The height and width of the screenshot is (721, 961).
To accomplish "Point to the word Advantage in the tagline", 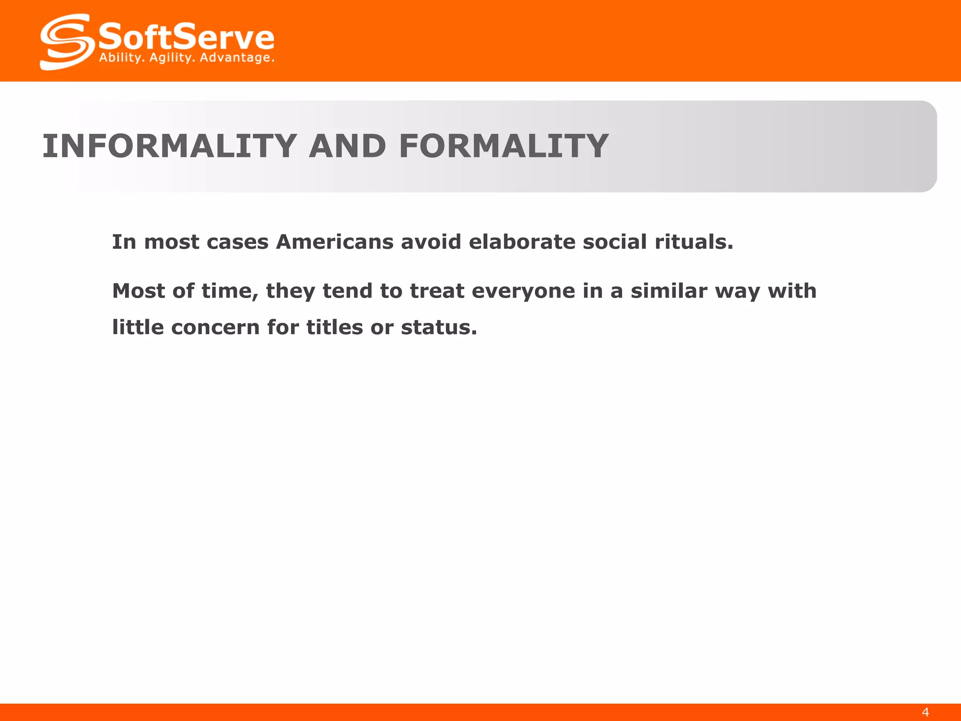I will (x=237, y=58).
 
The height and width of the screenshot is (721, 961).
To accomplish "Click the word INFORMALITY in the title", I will (x=169, y=146).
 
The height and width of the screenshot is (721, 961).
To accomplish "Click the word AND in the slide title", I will (x=347, y=146).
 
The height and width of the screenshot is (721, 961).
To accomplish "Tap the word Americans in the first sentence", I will (x=335, y=242).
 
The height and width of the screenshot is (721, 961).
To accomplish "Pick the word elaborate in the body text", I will (x=521, y=242).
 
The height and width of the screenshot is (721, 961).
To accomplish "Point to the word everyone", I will (x=523, y=291).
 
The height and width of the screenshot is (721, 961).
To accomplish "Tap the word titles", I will (x=335, y=327).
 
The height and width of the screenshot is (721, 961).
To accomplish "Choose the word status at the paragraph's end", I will (x=439, y=328).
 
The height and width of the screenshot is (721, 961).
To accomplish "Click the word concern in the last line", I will (x=215, y=328).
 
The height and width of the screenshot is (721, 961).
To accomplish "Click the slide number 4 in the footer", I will (x=925, y=712).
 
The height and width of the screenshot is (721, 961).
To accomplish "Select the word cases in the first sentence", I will (x=237, y=243).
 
